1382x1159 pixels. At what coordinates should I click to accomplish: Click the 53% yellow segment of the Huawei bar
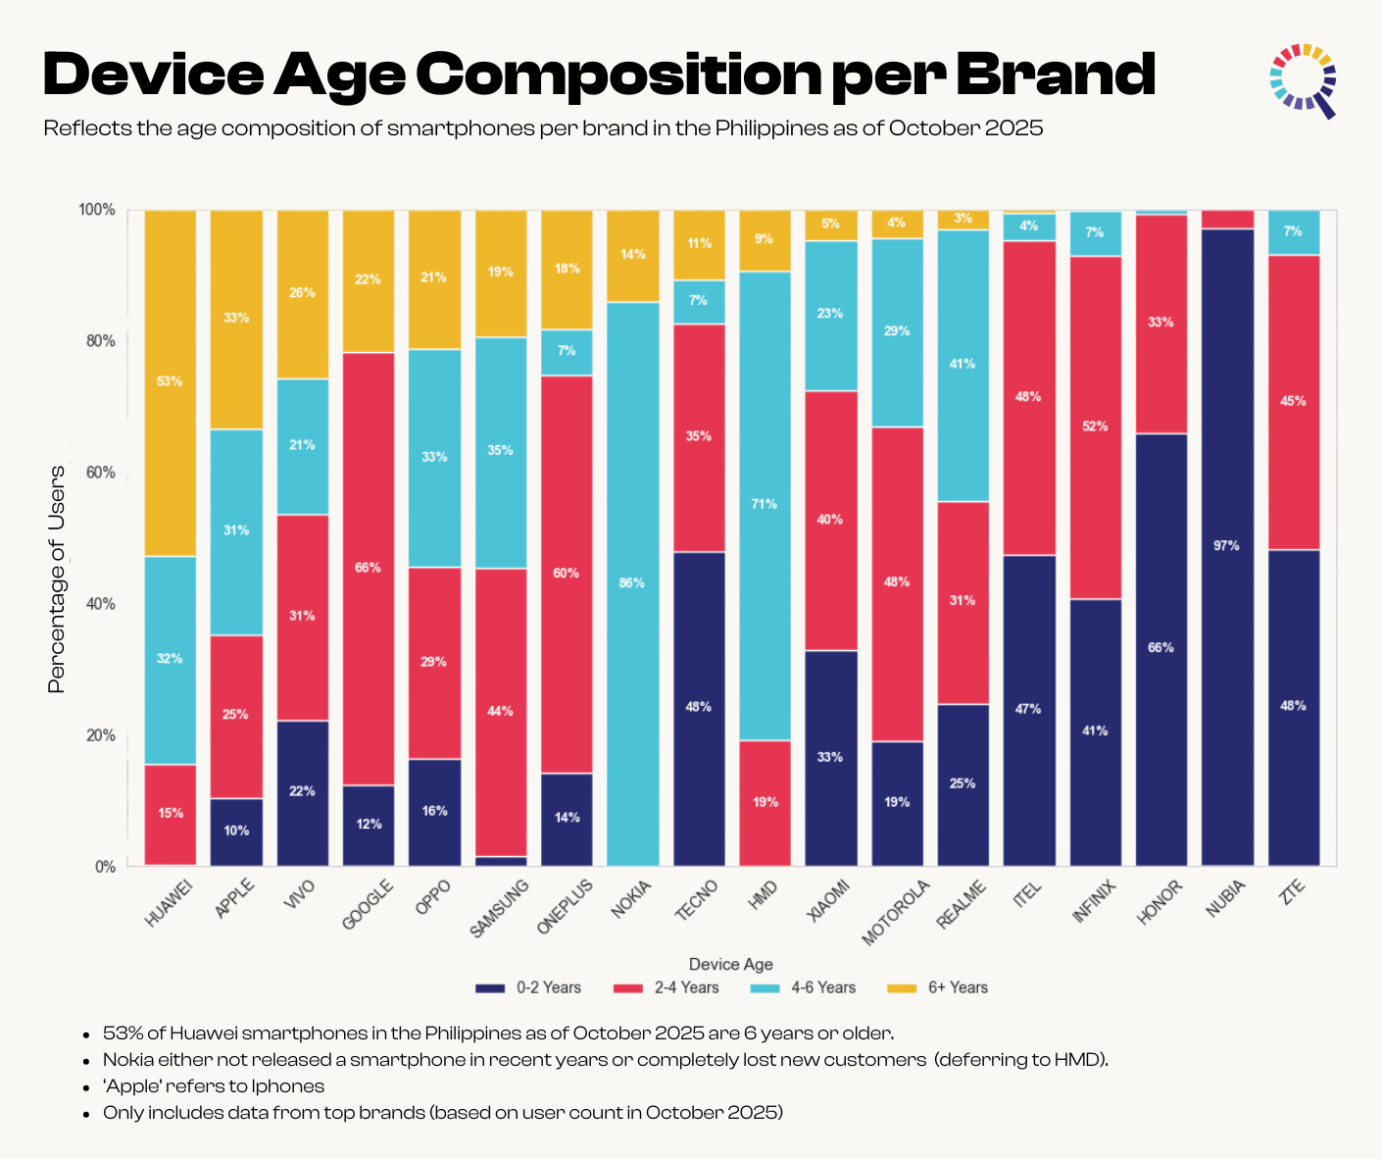170,382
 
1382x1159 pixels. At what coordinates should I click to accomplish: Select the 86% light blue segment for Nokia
632,583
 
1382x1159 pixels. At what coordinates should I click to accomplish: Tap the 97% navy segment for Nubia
1226,546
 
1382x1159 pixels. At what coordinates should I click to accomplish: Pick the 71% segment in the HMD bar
765,505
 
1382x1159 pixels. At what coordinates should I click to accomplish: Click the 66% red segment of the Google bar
369,569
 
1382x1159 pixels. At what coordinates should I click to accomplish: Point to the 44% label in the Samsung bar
500,711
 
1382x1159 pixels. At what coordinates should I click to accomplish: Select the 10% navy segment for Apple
236,831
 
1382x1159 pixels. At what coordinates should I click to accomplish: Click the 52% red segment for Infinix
1095,427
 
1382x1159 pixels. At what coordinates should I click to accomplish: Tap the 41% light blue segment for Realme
962,365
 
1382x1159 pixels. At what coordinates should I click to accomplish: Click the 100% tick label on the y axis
97,210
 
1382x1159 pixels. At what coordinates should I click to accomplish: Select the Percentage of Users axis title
57,579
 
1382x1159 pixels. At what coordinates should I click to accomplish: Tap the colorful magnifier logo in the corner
1305,79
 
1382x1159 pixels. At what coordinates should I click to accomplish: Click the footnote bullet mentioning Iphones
214,1085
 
